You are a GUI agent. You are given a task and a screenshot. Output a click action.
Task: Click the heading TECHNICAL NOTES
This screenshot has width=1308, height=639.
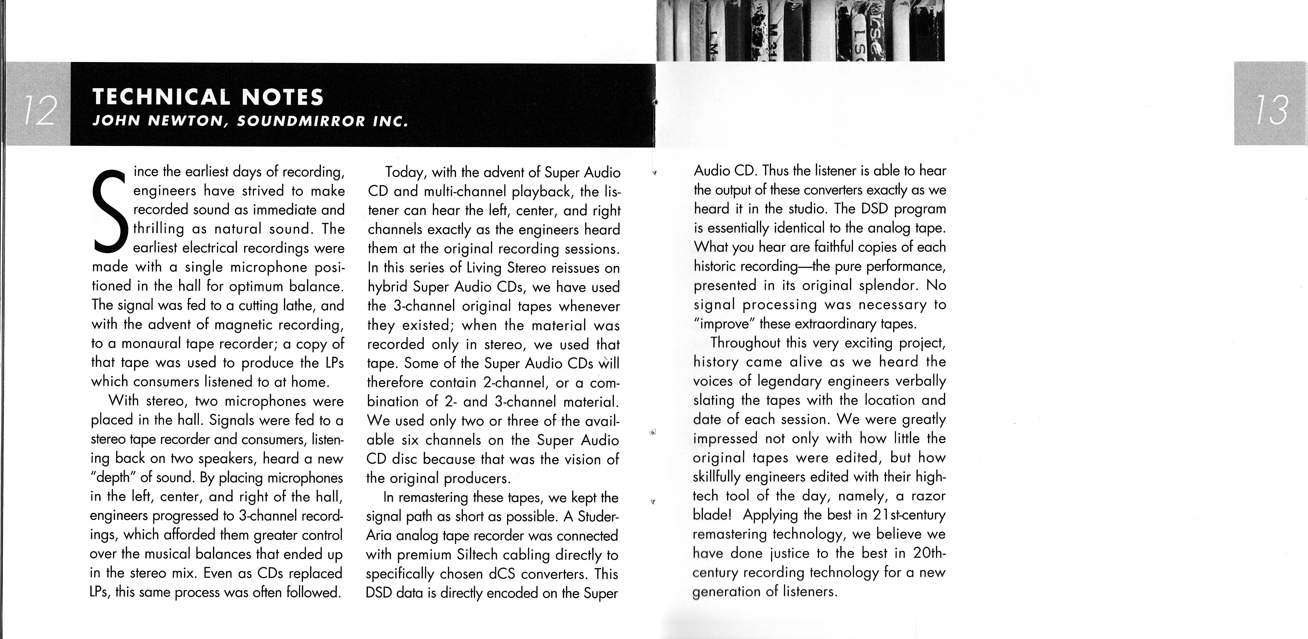(208, 96)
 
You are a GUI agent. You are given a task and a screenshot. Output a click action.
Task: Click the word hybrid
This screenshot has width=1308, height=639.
(388, 287)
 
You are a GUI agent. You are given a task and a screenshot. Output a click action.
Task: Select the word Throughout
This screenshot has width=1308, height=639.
(745, 343)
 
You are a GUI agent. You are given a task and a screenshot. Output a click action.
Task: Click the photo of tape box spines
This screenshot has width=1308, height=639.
(800, 30)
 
